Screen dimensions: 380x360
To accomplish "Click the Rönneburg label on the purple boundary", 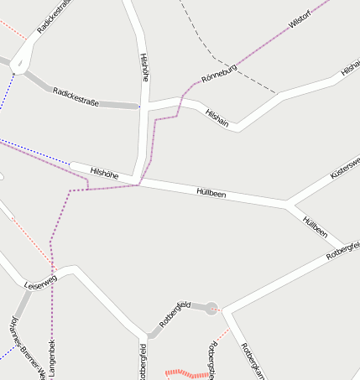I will click(x=219, y=74).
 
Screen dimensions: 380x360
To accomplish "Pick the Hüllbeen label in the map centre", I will click(x=211, y=193).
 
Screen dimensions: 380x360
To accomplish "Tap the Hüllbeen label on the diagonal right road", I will click(x=315, y=226).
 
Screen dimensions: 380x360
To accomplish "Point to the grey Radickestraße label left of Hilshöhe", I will click(x=76, y=96).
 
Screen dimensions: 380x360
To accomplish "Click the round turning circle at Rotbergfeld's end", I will click(x=211, y=308).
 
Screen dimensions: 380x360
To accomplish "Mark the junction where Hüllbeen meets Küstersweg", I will click(x=288, y=202).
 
